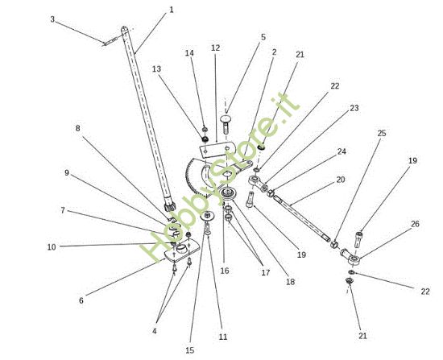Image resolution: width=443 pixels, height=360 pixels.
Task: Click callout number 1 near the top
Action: (x=172, y=10)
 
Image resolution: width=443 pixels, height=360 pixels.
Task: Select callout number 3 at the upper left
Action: (x=52, y=19)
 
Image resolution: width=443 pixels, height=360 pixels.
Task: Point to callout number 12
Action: (x=215, y=48)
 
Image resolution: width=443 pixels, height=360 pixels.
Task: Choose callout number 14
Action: (x=189, y=53)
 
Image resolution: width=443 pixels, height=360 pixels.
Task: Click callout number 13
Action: (x=156, y=69)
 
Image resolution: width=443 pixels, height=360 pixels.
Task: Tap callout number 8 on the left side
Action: (x=77, y=128)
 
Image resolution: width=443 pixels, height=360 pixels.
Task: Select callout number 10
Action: (x=52, y=247)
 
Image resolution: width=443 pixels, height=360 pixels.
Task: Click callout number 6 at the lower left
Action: (x=81, y=300)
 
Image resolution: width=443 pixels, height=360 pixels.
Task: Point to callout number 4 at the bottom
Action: (x=155, y=331)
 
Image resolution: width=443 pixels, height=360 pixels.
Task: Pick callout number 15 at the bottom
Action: (x=190, y=350)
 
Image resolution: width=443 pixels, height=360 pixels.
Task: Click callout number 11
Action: (x=223, y=337)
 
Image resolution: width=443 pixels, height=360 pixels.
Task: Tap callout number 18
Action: (x=290, y=282)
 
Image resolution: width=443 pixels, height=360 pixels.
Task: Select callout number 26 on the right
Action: (x=415, y=224)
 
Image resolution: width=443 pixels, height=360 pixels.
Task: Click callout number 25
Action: (x=382, y=133)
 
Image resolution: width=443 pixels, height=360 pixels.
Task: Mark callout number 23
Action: (x=354, y=108)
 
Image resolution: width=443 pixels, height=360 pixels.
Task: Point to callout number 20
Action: (x=341, y=180)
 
